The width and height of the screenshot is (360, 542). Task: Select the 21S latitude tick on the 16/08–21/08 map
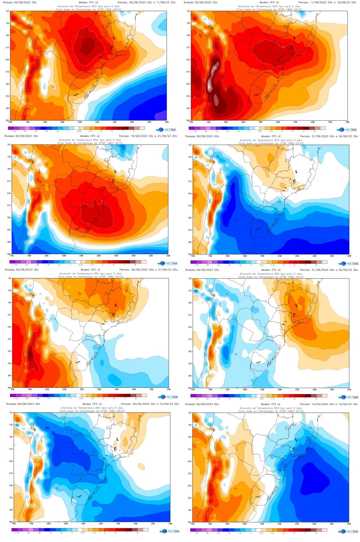pos(9,181)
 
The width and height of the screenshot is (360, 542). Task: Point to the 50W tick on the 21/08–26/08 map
pos(280,256)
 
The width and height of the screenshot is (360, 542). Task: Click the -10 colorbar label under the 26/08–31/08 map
pos(15,398)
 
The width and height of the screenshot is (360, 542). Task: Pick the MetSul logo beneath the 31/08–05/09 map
pos(348,397)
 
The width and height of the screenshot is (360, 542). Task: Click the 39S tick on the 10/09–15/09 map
pos(190,522)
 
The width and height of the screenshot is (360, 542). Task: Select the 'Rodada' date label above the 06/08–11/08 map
pos(20,2)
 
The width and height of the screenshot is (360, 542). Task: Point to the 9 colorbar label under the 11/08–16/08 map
pos(314,131)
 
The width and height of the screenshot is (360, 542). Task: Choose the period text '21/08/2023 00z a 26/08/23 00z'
pos(329,136)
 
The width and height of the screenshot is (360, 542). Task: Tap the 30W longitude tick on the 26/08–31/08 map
pos(169,389)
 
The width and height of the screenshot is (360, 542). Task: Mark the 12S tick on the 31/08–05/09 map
pos(190,278)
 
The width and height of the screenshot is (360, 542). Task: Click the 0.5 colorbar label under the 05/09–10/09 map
pos(83,533)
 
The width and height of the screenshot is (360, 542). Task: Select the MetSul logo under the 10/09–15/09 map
pos(348,531)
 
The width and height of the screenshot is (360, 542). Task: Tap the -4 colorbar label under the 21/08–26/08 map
pos(229,265)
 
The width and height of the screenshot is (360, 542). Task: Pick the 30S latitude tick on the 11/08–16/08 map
pos(188,84)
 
